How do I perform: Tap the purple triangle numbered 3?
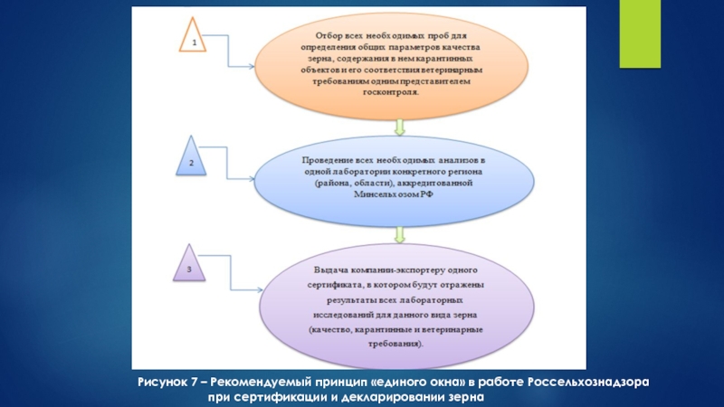(x=187, y=265)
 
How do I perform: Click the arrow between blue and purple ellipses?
(x=396, y=233)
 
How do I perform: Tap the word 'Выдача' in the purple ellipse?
(x=329, y=270)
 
